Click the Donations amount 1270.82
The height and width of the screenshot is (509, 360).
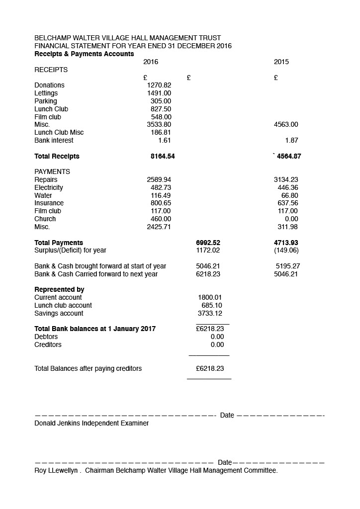159,85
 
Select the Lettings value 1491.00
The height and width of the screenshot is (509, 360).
159,93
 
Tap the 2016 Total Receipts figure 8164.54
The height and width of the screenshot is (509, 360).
163,156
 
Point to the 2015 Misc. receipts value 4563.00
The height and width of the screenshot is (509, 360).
286,125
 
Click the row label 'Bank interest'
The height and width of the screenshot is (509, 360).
54,141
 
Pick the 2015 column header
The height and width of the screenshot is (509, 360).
281,62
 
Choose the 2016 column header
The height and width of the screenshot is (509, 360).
151,62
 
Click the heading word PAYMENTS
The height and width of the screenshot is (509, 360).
52,172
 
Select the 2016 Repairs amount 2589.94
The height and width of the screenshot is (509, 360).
159,180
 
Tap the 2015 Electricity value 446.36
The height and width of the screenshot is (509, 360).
288,188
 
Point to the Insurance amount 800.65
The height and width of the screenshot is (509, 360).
161,203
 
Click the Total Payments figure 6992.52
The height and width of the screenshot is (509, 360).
208,243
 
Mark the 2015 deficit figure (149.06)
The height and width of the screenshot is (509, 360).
286,251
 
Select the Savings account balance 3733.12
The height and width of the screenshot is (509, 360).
210,314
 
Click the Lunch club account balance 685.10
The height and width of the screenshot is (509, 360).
212,306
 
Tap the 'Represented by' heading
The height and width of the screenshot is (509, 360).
59,290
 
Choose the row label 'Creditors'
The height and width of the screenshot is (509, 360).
48,345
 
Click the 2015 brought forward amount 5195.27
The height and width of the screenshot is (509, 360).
288,266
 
